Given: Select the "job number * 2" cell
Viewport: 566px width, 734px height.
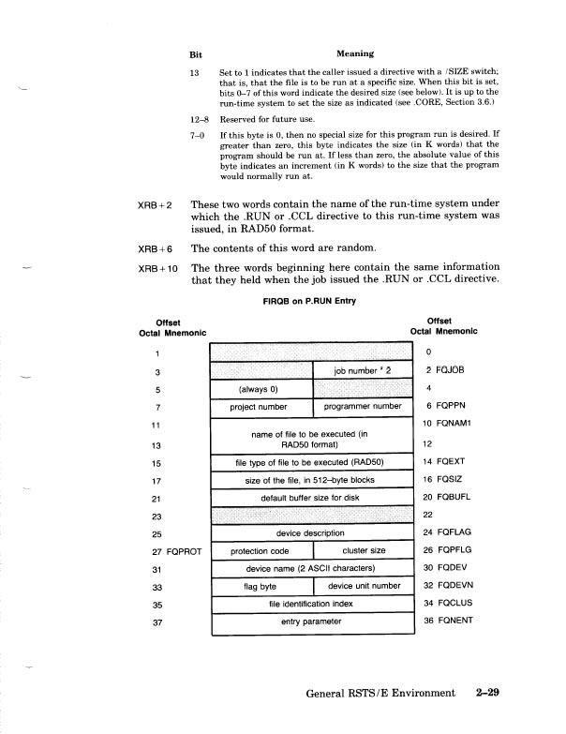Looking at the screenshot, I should click(x=363, y=370).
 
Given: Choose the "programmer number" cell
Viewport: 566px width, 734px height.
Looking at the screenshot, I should click(x=363, y=407).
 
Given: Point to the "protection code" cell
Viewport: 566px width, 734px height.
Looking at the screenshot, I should click(x=261, y=551).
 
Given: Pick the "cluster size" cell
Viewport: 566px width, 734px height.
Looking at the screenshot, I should click(x=363, y=551).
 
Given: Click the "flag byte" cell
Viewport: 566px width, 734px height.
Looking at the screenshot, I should click(x=261, y=587).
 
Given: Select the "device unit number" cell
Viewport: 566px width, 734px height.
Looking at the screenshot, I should click(x=363, y=587).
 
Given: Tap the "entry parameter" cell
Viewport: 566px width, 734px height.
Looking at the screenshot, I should click(x=312, y=622).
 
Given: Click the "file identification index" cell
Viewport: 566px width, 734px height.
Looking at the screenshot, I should click(x=312, y=605).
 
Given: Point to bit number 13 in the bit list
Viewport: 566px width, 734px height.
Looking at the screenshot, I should click(x=195, y=72).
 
